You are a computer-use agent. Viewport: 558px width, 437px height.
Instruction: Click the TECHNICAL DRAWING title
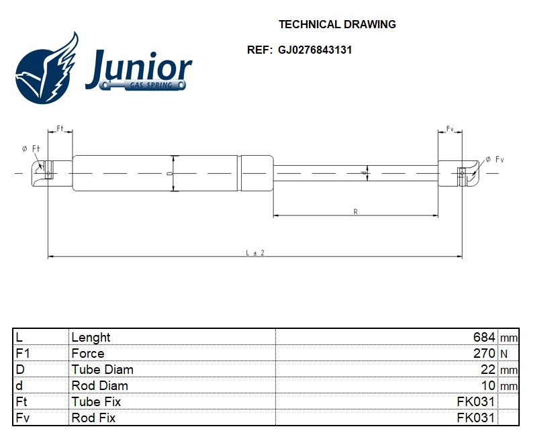[337, 25]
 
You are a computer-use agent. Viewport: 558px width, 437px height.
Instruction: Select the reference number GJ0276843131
[315, 50]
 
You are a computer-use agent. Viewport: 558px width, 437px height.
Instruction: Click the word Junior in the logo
[139, 68]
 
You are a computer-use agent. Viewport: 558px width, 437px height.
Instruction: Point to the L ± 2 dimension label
[255, 252]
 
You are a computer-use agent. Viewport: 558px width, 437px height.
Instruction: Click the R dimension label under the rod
[355, 212]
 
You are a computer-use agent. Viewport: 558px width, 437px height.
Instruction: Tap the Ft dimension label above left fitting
[60, 128]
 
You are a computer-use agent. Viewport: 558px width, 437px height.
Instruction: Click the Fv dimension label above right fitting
[450, 128]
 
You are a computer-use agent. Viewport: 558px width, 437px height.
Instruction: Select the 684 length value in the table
[483, 337]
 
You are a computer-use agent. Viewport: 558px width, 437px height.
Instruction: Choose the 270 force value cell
[483, 353]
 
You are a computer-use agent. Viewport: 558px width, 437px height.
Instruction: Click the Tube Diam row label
[103, 369]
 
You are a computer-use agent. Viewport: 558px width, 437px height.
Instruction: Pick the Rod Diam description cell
[100, 385]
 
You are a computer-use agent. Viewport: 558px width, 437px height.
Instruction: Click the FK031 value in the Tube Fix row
[475, 401]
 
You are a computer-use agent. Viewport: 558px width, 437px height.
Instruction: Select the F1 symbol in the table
[23, 353]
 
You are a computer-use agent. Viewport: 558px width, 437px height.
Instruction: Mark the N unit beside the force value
[503, 354]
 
